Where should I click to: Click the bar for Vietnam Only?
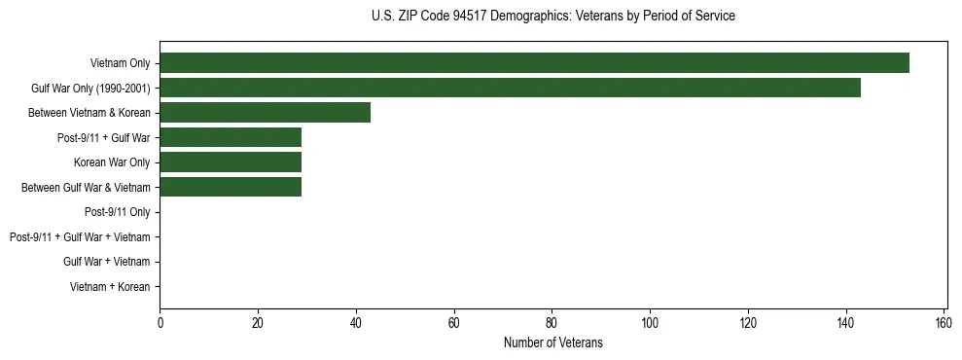click(534, 63)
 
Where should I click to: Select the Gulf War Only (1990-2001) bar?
click(510, 89)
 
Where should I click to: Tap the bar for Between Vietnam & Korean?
click(265, 113)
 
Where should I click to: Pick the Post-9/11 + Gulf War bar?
click(231, 137)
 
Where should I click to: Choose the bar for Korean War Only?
click(231, 162)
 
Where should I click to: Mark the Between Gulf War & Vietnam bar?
click(231, 187)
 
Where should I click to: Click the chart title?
click(553, 17)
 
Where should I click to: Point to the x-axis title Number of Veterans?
click(553, 342)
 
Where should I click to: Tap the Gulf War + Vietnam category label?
click(106, 262)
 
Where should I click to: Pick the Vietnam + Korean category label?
click(110, 287)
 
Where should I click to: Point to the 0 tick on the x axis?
click(160, 323)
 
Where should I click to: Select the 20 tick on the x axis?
click(258, 323)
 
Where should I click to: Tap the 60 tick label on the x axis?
click(453, 323)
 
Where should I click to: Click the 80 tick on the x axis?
click(552, 323)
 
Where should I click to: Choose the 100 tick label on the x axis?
click(650, 323)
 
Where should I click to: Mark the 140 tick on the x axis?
click(846, 323)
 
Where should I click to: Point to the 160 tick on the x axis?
click(944, 323)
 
